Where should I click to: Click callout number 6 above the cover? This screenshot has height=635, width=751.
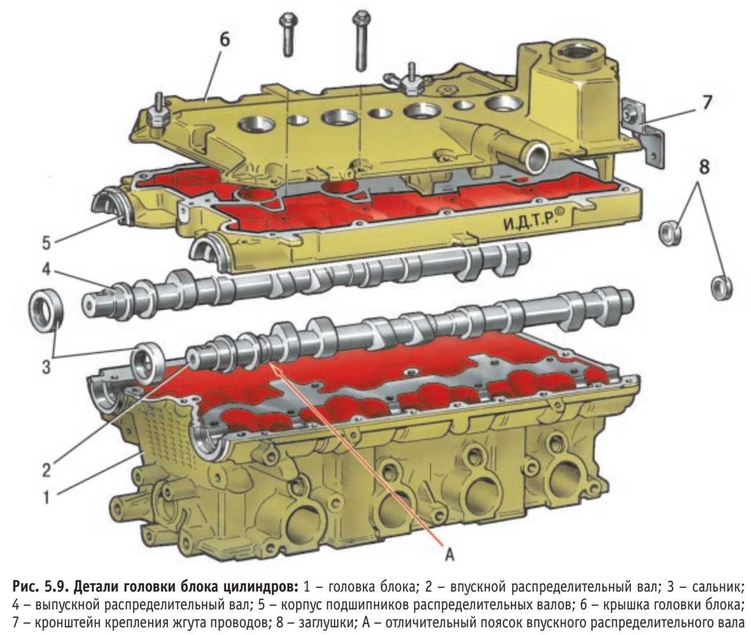coord(224,40)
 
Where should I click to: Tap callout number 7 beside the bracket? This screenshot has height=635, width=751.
coord(706,103)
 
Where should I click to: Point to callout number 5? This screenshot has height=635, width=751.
coord(46,243)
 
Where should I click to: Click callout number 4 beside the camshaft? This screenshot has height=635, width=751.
coord(46,270)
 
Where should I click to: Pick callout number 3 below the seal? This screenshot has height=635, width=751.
coord(46,367)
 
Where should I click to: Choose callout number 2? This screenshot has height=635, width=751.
coord(46,470)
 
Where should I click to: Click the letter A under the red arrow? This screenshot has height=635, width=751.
coord(450,555)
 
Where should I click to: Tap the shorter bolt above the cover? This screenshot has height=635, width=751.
coord(289,35)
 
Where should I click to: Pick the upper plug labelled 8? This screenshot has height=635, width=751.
coord(671,233)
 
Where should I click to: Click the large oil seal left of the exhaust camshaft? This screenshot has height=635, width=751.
coord(47,310)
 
